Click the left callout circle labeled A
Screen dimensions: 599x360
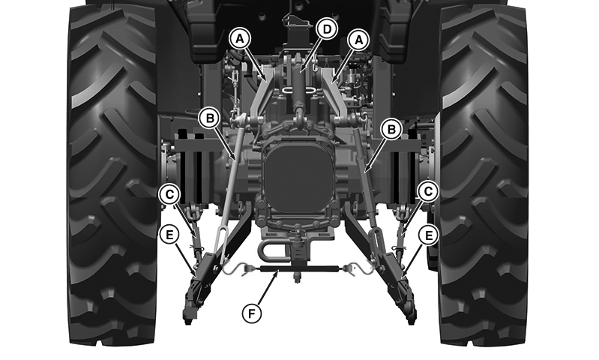(240, 38)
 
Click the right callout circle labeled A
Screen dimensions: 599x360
(358, 40)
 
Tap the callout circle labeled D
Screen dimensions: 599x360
(327, 29)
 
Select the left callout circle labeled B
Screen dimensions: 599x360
(210, 118)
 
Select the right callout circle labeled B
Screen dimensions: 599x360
(391, 129)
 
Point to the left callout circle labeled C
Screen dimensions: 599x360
(169, 194)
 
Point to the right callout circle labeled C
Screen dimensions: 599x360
(428, 191)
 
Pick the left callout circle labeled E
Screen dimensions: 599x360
(169, 235)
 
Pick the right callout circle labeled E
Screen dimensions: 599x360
(428, 235)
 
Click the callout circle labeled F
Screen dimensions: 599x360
(252, 313)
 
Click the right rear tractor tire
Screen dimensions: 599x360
(484, 174)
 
